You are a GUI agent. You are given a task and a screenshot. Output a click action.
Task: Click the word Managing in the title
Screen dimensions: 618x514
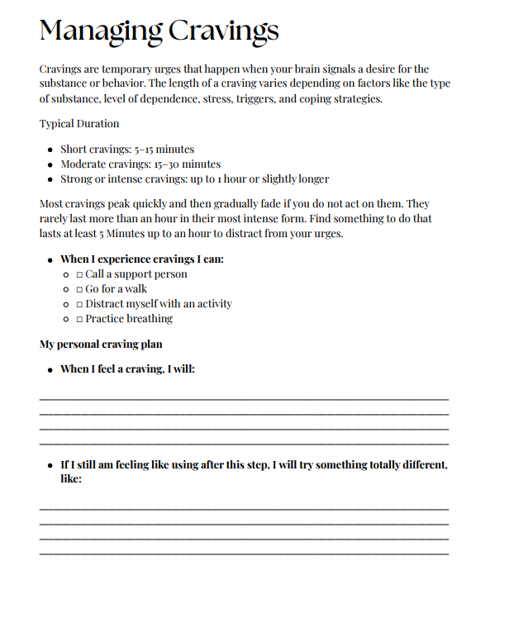click(99, 31)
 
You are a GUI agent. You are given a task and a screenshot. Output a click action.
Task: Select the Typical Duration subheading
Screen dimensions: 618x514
click(79, 124)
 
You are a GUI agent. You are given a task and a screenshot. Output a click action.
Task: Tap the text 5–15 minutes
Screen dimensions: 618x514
click(164, 150)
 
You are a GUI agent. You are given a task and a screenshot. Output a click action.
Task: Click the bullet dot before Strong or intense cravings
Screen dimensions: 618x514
click(50, 179)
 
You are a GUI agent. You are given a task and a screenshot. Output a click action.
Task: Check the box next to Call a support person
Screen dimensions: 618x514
click(79, 274)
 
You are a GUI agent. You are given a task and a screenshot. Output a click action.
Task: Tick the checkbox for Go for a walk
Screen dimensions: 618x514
click(79, 289)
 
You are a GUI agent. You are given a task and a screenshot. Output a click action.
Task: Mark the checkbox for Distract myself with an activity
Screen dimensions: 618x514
click(79, 304)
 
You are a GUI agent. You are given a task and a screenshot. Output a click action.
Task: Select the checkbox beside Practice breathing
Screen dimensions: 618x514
click(79, 319)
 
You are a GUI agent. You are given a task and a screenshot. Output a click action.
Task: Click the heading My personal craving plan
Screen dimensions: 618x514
click(101, 344)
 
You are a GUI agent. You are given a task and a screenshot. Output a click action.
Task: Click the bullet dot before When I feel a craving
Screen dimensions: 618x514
click(50, 369)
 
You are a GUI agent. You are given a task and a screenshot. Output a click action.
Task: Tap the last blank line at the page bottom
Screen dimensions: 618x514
click(244, 553)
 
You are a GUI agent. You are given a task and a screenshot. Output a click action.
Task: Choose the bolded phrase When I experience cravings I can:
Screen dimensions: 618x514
click(142, 259)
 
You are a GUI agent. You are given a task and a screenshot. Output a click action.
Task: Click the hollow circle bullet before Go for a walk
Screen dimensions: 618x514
click(66, 289)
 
